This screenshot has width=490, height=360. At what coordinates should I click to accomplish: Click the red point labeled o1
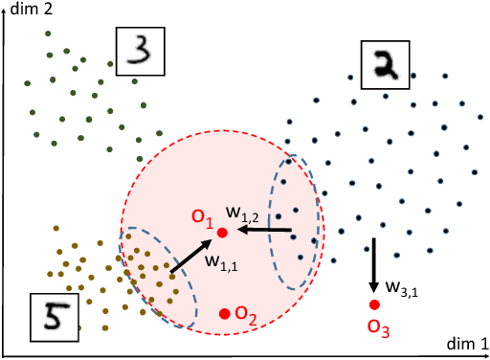(x=222, y=232)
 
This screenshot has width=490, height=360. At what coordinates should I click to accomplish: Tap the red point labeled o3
(x=374, y=305)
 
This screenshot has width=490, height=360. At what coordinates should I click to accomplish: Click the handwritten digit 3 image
(x=140, y=51)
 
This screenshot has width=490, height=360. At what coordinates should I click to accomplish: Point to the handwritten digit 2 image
(x=385, y=65)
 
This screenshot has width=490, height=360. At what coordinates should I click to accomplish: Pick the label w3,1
(x=402, y=286)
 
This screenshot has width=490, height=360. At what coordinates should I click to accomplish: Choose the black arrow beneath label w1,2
(x=266, y=230)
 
